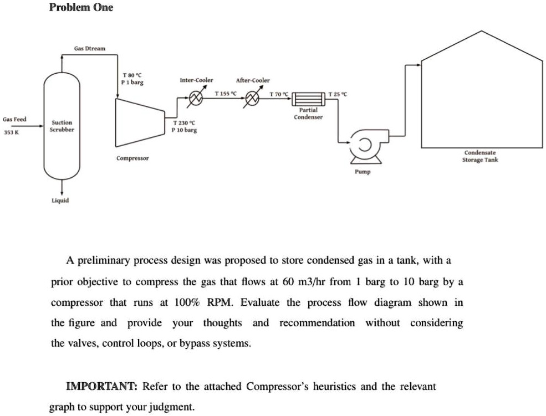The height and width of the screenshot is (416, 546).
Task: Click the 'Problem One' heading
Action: (81, 7)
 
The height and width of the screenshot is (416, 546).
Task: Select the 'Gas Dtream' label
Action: (89, 49)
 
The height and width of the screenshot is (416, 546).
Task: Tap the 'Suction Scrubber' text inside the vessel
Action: (62, 126)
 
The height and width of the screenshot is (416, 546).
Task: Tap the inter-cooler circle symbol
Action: (196, 99)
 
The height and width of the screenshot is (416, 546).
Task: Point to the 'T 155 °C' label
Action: (226, 93)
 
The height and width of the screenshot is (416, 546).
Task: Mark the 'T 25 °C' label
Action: (338, 94)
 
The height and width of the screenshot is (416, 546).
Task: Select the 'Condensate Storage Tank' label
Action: (480, 156)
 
